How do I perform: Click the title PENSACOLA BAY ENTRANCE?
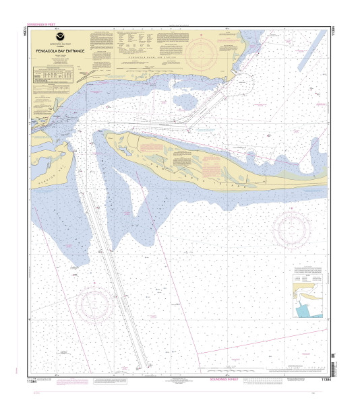tap(55, 49)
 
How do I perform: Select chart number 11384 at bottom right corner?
tap(326, 380)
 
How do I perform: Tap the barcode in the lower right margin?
tap(332, 368)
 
